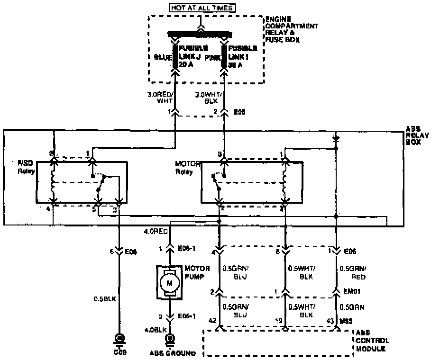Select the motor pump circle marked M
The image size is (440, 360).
click(167, 283)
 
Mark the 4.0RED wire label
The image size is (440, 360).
click(156, 232)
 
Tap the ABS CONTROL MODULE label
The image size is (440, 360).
click(373, 341)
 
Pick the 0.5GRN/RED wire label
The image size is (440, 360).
click(353, 273)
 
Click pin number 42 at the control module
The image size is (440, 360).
click(212, 321)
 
